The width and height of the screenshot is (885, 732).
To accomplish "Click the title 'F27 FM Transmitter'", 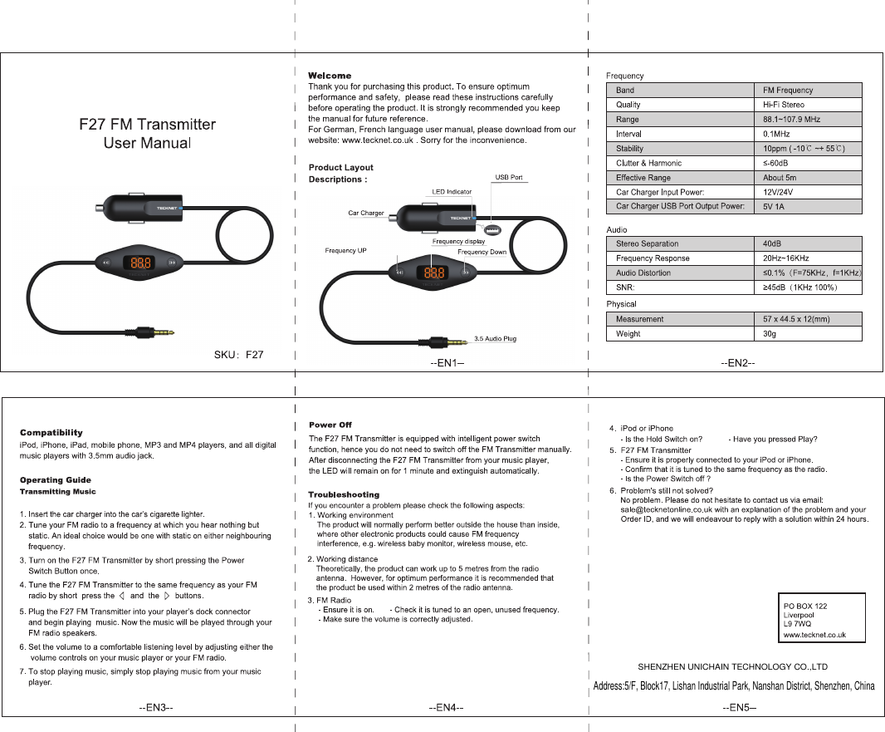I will [x=147, y=125].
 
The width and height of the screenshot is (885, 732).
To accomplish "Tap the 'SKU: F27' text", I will [x=239, y=355].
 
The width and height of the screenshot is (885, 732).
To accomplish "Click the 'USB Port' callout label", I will [x=509, y=178].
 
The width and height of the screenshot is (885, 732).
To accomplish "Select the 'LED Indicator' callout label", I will [x=452, y=192].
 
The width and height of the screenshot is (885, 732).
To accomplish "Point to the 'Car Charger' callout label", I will [x=365, y=214].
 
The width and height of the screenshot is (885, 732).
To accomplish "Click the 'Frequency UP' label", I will [x=345, y=250].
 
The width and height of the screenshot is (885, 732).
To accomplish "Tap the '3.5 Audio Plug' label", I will [x=495, y=339].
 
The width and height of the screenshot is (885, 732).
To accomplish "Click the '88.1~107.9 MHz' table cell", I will [x=791, y=120].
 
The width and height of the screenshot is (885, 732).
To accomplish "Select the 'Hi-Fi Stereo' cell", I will [x=784, y=105].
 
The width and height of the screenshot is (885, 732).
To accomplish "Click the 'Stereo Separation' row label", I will [x=647, y=243].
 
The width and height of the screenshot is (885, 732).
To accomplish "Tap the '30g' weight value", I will [x=770, y=334].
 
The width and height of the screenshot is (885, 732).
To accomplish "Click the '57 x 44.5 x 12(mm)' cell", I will [x=796, y=319].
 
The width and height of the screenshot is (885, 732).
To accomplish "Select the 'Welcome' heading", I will [x=330, y=76].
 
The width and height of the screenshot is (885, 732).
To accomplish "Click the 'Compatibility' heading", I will [x=51, y=432].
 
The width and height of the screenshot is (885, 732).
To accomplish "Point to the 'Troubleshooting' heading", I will [x=344, y=494].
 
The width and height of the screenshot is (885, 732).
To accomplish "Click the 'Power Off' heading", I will [x=330, y=425].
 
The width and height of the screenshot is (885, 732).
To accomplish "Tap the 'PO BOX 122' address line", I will [x=805, y=607].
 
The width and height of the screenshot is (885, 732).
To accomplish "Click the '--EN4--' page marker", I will [x=446, y=707].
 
